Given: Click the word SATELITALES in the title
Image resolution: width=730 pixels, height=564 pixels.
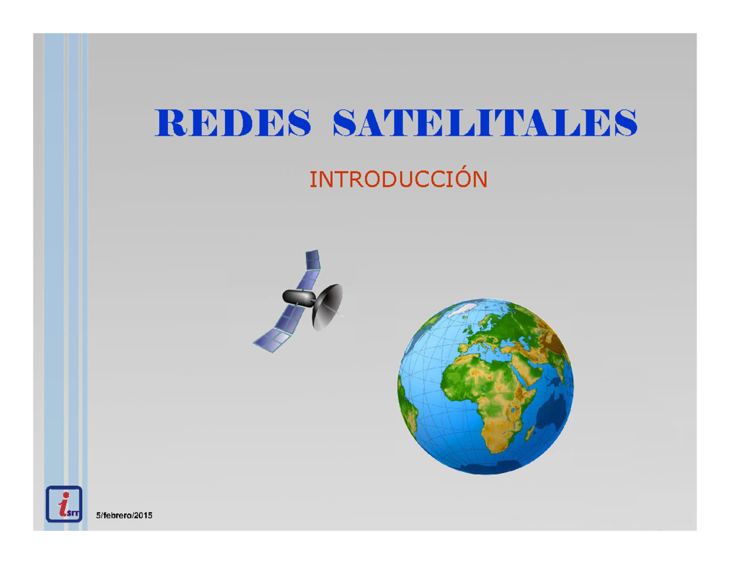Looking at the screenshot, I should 484,124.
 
